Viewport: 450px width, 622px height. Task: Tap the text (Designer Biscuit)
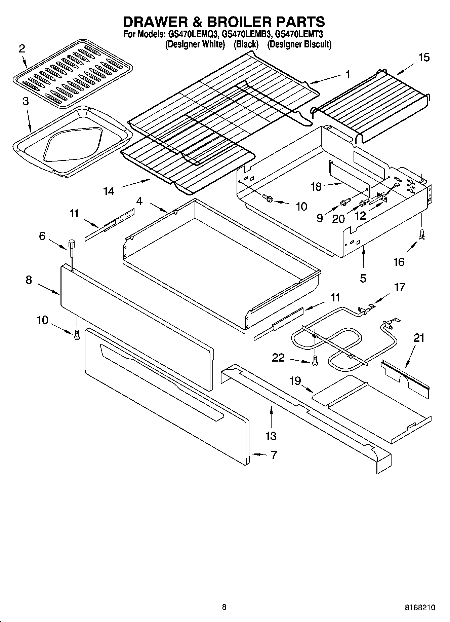pyautogui.click(x=299, y=44)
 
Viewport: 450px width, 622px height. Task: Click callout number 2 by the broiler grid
pyautogui.click(x=22, y=49)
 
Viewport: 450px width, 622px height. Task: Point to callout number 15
pyautogui.click(x=424, y=58)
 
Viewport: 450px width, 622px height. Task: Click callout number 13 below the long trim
pyautogui.click(x=271, y=436)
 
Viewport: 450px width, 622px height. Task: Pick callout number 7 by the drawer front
pyautogui.click(x=274, y=455)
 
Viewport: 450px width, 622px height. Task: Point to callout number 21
pyautogui.click(x=419, y=338)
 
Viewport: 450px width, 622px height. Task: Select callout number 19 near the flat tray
pyautogui.click(x=295, y=381)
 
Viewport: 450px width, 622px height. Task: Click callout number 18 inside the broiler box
pyautogui.click(x=316, y=187)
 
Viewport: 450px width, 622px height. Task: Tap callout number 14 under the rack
pyautogui.click(x=109, y=191)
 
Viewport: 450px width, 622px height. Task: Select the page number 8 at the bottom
pyautogui.click(x=224, y=607)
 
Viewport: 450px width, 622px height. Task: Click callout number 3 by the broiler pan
pyautogui.click(x=26, y=101)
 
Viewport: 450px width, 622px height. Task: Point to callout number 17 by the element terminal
pyautogui.click(x=400, y=287)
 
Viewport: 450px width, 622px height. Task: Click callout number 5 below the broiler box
pyautogui.click(x=363, y=279)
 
